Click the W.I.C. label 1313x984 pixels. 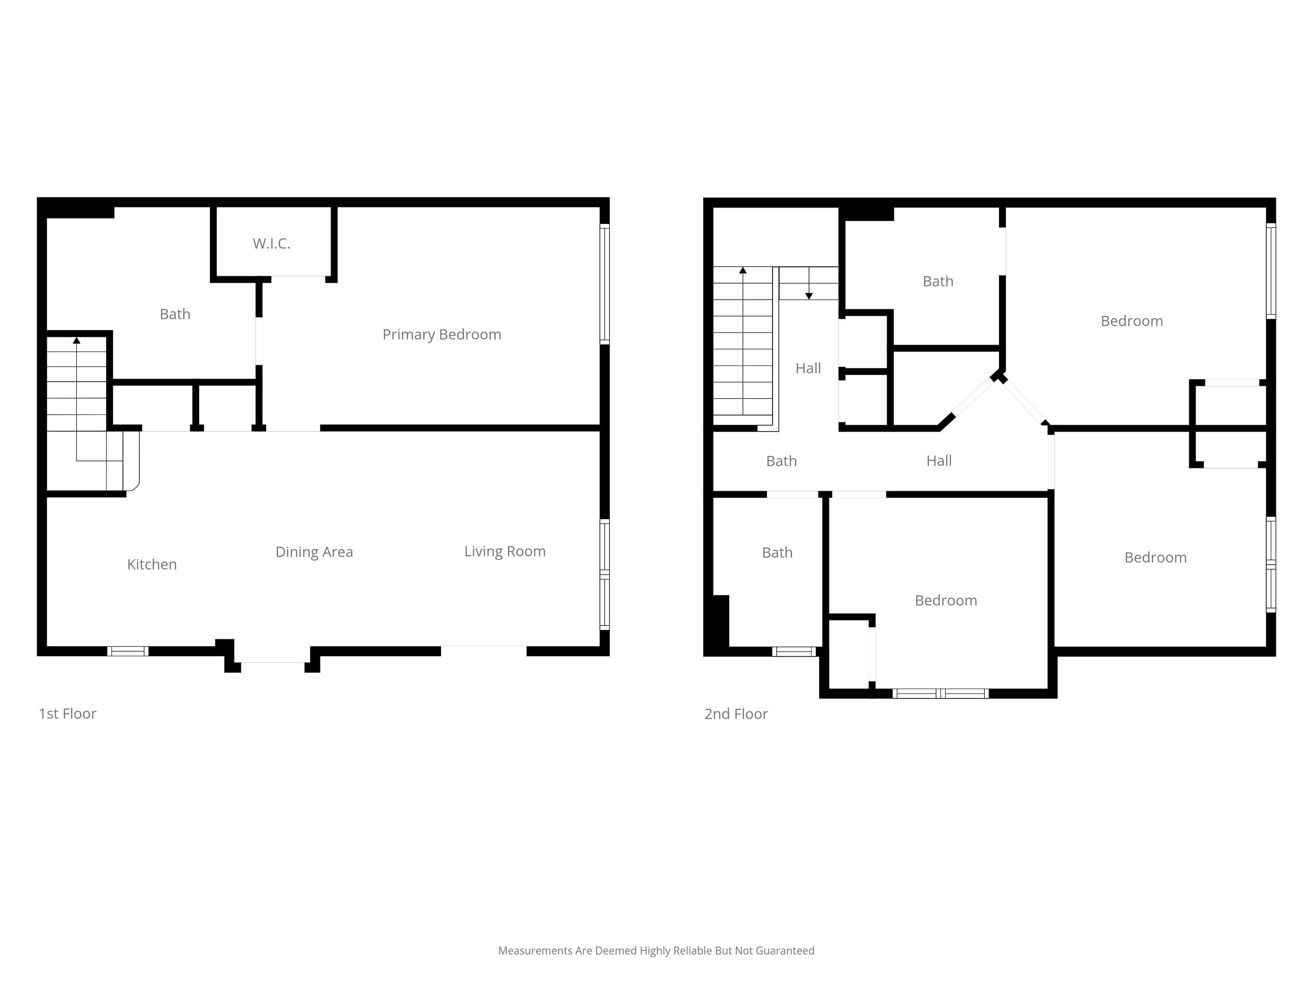(x=271, y=243)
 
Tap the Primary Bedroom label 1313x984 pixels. (x=442, y=335)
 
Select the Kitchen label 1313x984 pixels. (x=152, y=564)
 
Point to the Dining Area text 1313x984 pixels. (x=314, y=552)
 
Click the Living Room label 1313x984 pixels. (x=505, y=551)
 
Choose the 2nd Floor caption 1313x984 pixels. (x=736, y=714)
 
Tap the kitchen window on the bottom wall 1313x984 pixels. (x=128, y=651)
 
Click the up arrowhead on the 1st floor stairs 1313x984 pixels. (x=77, y=340)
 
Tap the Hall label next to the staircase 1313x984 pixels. (x=808, y=368)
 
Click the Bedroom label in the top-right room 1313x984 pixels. (x=1131, y=321)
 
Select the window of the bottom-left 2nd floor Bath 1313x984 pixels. (x=794, y=651)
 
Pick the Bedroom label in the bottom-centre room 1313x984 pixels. (x=945, y=600)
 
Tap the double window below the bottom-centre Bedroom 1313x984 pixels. (x=940, y=693)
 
